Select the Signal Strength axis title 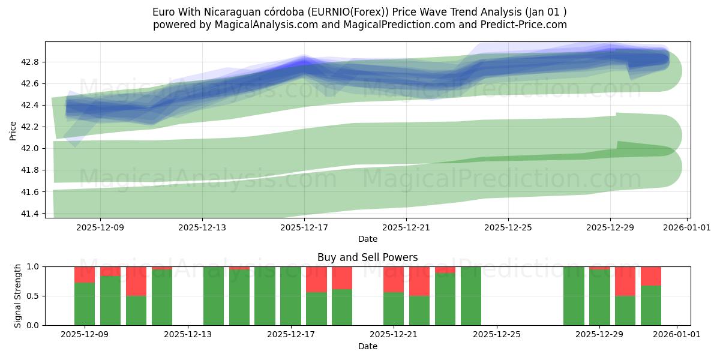[18, 296]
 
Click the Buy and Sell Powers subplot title [367, 257]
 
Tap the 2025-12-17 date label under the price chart [304, 227]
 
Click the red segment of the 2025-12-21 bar [394, 279]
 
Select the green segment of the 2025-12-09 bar [85, 304]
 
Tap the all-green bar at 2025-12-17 [290, 296]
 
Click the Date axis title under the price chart [367, 239]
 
